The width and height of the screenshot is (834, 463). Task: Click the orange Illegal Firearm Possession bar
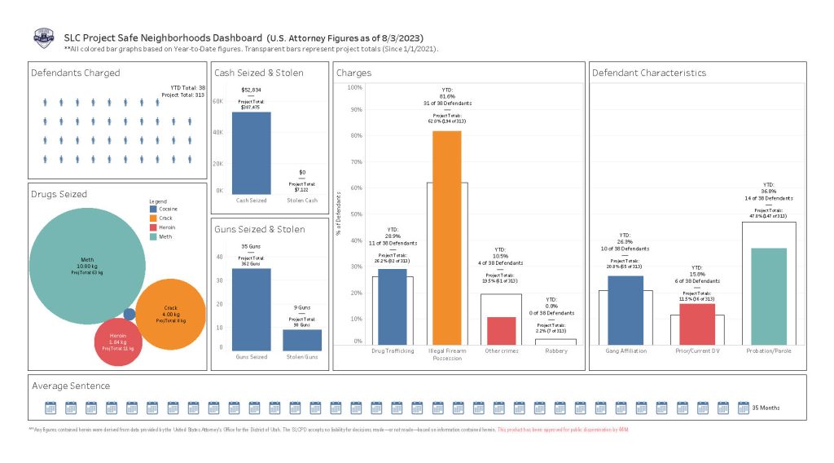point(446,236)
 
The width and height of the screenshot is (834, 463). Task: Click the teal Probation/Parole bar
point(769,295)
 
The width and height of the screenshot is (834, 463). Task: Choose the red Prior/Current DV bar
point(696,312)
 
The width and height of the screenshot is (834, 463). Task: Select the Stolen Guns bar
point(302,340)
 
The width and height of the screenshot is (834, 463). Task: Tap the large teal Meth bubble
point(81,265)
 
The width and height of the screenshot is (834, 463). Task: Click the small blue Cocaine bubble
point(129,314)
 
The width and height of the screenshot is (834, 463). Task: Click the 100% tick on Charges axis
point(355,87)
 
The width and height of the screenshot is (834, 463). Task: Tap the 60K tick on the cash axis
point(218,102)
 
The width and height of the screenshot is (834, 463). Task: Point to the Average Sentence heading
point(71,386)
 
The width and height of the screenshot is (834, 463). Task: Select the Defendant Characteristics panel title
point(649,73)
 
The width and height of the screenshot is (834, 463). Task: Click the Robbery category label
point(555,351)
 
